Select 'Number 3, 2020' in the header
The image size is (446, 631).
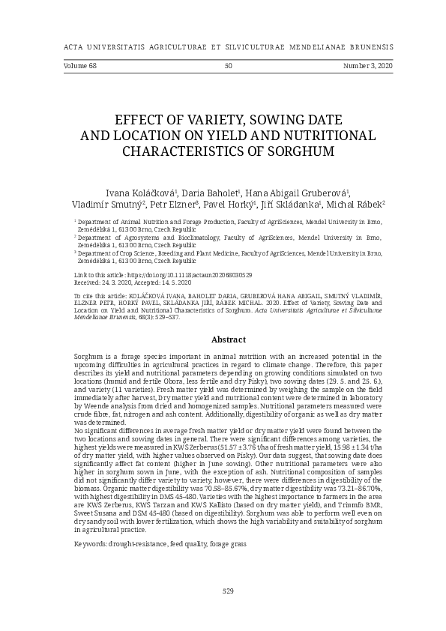click(x=368, y=66)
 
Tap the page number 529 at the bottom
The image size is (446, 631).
click(x=229, y=591)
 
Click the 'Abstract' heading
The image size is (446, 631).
click(x=229, y=339)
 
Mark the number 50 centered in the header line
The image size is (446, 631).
click(x=229, y=66)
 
